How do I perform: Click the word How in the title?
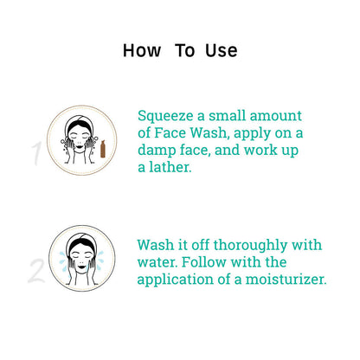(x=142, y=50)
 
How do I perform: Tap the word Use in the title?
(x=222, y=50)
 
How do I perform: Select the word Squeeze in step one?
(x=165, y=117)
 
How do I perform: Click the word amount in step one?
(x=276, y=116)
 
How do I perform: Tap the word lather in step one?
(x=170, y=167)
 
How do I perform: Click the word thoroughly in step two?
(x=250, y=246)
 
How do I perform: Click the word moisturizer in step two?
(x=286, y=280)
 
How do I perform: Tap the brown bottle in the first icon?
(x=103, y=149)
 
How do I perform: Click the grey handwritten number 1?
(x=37, y=153)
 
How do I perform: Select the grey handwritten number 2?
(x=37, y=271)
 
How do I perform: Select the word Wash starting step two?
(x=155, y=245)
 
